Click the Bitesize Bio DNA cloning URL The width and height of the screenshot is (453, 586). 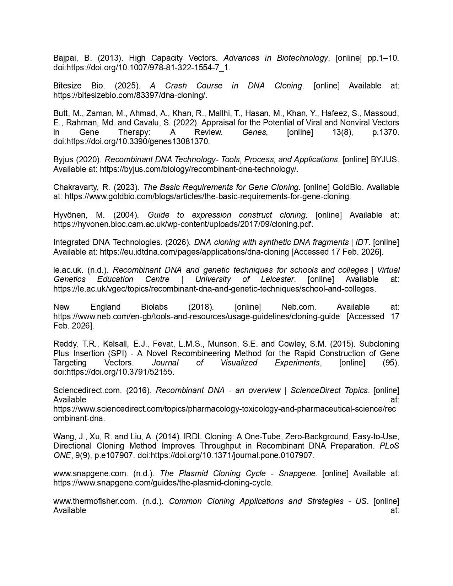tap(130, 95)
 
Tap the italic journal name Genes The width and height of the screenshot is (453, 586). tap(254, 132)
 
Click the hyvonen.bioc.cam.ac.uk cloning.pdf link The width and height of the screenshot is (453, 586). tap(183, 224)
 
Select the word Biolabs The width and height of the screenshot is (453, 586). tap(154, 307)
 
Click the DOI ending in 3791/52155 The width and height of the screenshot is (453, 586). tap(114, 372)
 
